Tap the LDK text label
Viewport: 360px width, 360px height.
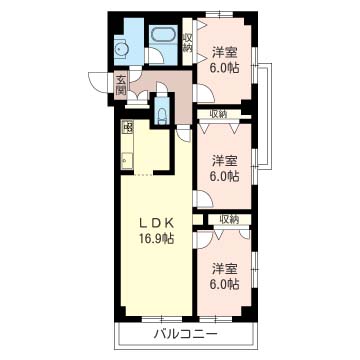[157, 223]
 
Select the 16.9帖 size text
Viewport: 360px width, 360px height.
[156, 239]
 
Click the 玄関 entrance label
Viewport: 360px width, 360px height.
[121, 85]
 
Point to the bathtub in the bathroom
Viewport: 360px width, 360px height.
[163, 34]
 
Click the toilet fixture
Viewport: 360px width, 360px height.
[162, 114]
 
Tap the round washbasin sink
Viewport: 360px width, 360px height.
[120, 50]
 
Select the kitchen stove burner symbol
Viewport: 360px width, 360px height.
[127, 127]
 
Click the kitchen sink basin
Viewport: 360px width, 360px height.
[127, 160]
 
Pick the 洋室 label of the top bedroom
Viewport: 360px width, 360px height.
[224, 53]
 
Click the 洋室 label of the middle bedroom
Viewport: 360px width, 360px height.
[224, 161]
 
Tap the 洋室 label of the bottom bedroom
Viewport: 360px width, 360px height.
[224, 269]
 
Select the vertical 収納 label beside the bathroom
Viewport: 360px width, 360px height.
[188, 43]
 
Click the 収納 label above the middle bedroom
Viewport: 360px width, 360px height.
[218, 114]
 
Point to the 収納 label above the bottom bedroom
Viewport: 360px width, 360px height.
[229, 219]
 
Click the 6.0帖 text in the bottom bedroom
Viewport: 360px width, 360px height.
[224, 284]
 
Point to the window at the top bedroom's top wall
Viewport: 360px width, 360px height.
[219, 14]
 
